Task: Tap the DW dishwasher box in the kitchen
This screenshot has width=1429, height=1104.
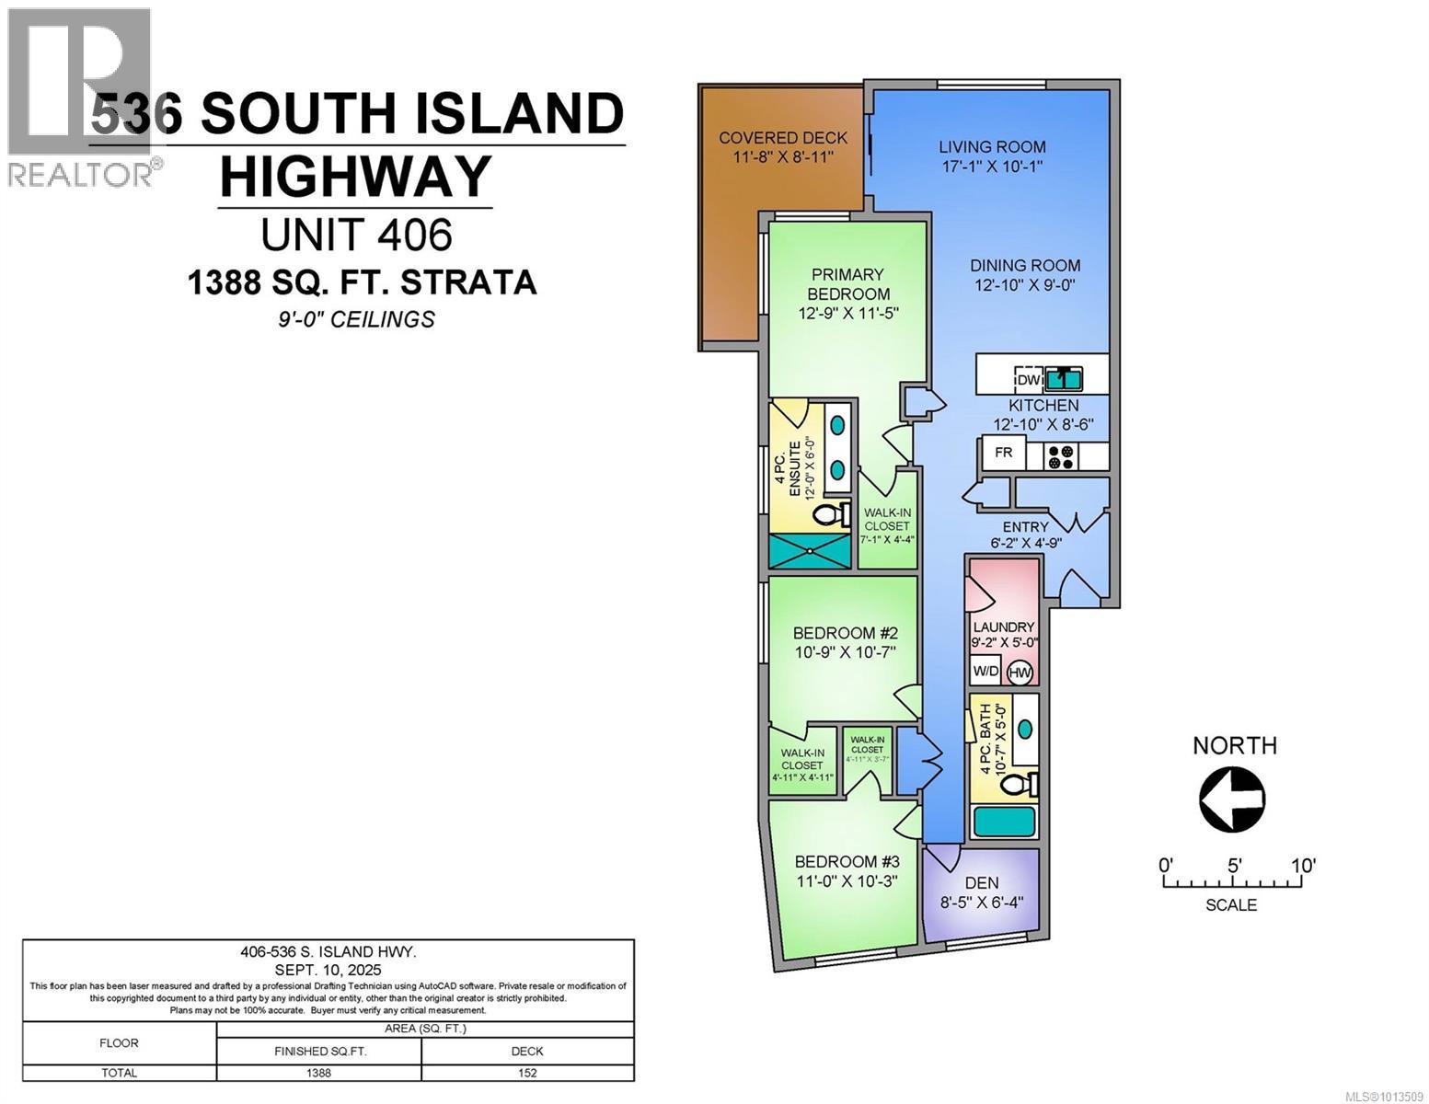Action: click(x=1028, y=379)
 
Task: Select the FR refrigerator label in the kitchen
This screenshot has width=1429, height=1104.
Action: click(x=1003, y=453)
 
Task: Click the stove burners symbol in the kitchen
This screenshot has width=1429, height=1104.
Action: click(x=1062, y=456)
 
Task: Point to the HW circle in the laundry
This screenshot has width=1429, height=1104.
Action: click(x=1020, y=673)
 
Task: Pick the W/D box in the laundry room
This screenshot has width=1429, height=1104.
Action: click(x=985, y=672)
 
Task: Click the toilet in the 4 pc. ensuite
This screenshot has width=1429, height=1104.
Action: click(x=833, y=514)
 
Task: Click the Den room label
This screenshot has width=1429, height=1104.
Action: click(x=982, y=883)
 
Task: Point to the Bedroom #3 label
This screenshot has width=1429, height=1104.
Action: click(x=847, y=862)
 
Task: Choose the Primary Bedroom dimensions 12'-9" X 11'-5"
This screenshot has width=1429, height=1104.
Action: click(x=847, y=314)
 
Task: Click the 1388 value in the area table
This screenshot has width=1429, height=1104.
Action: click(x=318, y=1073)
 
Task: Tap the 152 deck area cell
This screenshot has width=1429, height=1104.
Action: click(x=527, y=1073)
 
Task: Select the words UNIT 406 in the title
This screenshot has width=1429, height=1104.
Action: click(x=357, y=235)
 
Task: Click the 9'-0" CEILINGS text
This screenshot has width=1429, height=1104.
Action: click(x=357, y=319)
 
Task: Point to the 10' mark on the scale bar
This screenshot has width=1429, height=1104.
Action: click(x=1302, y=866)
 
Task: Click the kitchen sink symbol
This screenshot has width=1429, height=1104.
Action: click(x=1062, y=378)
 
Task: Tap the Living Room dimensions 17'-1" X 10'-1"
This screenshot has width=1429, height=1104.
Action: click(x=992, y=167)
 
